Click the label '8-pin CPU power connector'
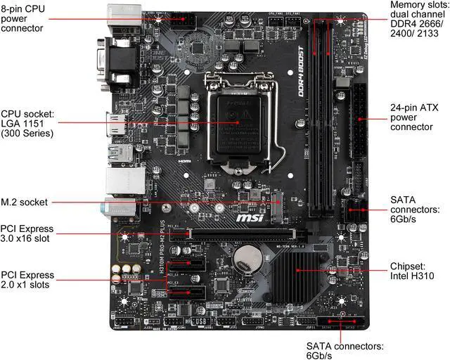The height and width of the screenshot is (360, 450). [x=22, y=17]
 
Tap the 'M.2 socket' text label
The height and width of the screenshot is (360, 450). [x=25, y=202]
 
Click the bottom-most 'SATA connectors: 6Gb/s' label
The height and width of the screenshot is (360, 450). [x=345, y=351]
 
